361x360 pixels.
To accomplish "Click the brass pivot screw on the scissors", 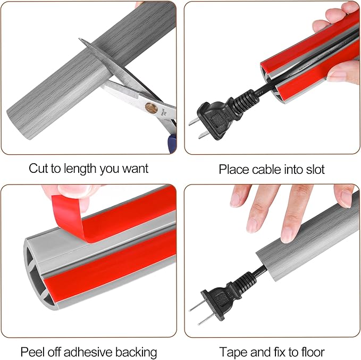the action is tap(151, 108).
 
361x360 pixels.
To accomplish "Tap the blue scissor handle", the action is tap(172, 143).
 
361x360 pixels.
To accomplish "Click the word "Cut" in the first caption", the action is tap(38, 169).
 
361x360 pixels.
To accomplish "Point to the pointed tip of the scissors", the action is tap(79, 39).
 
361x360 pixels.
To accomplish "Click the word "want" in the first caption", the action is tap(136, 169).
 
